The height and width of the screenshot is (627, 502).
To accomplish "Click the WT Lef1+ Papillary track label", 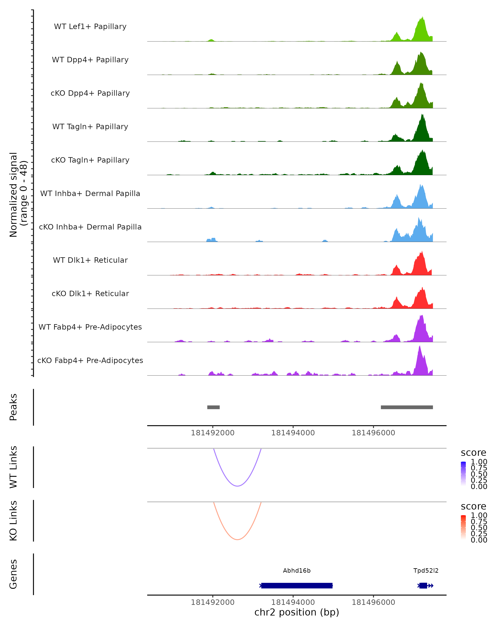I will [x=90, y=27].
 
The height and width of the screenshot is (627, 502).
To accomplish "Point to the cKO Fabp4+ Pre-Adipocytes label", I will [x=90, y=360].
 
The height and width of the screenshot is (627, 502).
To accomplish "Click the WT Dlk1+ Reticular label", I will [x=90, y=260].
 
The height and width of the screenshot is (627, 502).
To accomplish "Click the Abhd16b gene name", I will [x=297, y=571].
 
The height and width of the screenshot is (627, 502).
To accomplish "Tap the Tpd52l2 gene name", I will [x=426, y=571].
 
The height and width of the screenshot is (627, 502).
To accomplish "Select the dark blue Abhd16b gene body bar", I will [x=297, y=585].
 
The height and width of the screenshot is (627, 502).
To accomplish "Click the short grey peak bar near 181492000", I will [x=213, y=407].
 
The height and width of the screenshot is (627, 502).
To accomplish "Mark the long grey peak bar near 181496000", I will [x=407, y=407].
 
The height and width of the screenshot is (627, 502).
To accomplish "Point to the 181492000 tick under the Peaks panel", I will [x=213, y=433].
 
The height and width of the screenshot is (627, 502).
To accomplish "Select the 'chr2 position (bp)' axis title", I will [x=297, y=612].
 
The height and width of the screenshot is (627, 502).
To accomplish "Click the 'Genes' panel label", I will [x=13, y=574].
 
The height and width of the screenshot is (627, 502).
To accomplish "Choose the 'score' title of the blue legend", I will [x=473, y=452].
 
